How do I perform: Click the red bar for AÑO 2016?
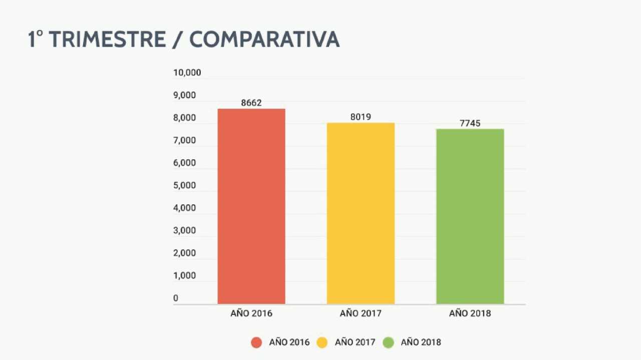click(251, 206)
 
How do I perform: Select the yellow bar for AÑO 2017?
click(361, 213)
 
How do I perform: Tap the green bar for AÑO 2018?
click(470, 216)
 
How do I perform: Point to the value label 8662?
click(251, 103)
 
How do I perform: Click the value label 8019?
click(361, 117)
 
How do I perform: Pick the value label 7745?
click(470, 123)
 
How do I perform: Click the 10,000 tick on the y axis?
click(187, 73)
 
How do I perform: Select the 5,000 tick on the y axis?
click(185, 185)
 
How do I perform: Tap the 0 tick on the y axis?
click(176, 298)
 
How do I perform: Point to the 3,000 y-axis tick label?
click(185, 230)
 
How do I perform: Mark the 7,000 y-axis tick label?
click(185, 140)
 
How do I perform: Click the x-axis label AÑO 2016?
click(251, 314)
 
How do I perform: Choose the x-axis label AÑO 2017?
click(361, 314)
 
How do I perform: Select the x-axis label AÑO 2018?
click(470, 314)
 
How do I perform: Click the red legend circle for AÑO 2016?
click(256, 342)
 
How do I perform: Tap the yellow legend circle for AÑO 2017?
click(323, 342)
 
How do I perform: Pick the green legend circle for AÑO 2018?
click(389, 342)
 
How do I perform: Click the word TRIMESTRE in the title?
click(106, 40)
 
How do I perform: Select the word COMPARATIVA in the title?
click(264, 40)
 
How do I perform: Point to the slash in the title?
click(177, 40)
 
